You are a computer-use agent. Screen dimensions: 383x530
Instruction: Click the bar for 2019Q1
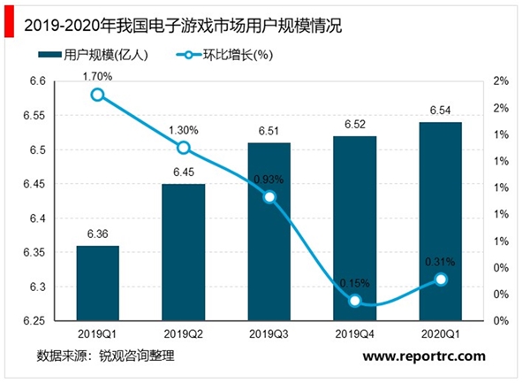pyautogui.click(x=97, y=283)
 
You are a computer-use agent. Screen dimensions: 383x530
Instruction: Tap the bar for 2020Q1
pyautogui.click(x=442, y=221)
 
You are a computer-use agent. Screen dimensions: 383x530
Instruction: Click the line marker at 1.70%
pyautogui.click(x=97, y=95)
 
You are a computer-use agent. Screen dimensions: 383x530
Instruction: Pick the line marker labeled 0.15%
pyautogui.click(x=355, y=301)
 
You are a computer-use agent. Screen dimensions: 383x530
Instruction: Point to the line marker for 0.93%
pyautogui.click(x=269, y=197)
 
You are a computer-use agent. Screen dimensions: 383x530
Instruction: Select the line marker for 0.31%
pyautogui.click(x=442, y=280)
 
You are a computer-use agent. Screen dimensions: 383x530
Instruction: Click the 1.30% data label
pyautogui.click(x=183, y=130)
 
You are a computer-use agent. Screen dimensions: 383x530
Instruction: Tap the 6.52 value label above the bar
pyautogui.click(x=355, y=125)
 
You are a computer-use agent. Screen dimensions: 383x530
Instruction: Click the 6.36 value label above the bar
pyautogui.click(x=97, y=234)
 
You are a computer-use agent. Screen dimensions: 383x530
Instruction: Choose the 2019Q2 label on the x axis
pyautogui.click(x=183, y=333)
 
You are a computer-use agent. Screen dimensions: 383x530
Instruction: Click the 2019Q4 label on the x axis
pyautogui.click(x=355, y=333)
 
